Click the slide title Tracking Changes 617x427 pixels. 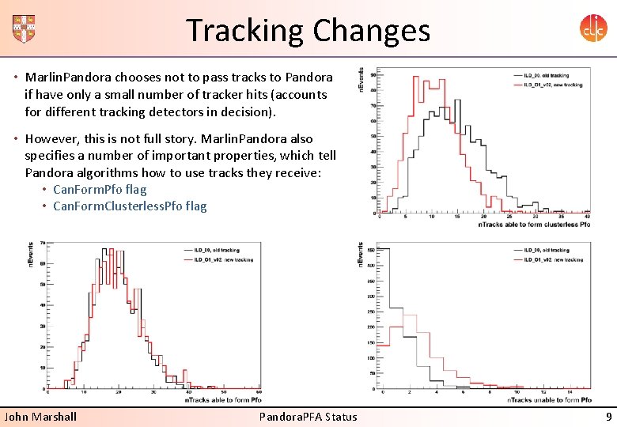(x=308, y=31)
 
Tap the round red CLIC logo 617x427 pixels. (x=592, y=29)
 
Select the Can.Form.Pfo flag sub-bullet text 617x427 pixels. (x=100, y=190)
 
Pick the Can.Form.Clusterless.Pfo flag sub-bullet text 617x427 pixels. (x=130, y=206)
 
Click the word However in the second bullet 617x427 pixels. (x=51, y=139)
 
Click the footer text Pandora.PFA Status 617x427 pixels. (x=308, y=417)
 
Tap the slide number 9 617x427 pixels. (x=608, y=417)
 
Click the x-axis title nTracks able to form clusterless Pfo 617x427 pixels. (x=535, y=225)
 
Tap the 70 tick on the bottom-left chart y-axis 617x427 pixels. (x=41, y=243)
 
